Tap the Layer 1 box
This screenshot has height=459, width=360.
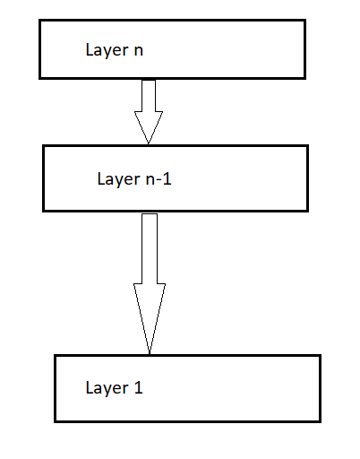click(187, 388)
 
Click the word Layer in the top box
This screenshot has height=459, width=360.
click(107, 50)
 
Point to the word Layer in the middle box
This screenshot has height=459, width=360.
click(118, 178)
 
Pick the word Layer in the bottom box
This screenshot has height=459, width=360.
click(107, 388)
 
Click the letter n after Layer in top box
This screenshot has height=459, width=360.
click(138, 51)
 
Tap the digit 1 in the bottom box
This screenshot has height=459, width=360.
click(138, 388)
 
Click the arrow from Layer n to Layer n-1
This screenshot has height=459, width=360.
click(149, 110)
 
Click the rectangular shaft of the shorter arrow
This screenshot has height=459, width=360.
click(149, 95)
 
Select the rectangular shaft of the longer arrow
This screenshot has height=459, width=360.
click(150, 248)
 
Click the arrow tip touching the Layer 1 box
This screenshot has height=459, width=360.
click(150, 352)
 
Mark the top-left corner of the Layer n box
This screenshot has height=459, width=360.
click(39, 22)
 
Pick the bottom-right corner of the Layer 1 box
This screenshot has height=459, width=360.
click(320, 420)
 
